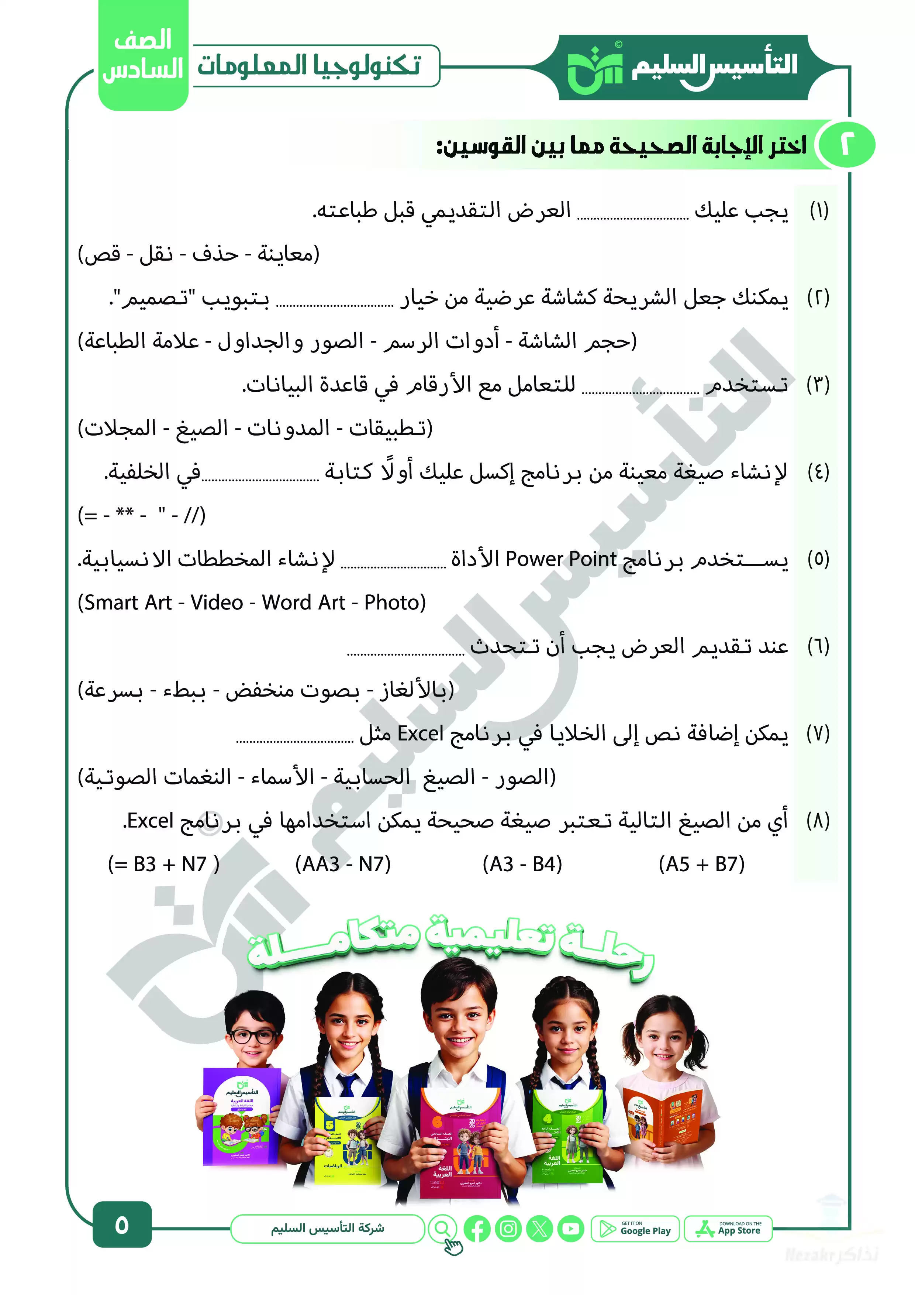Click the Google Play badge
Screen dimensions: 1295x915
point(635,1229)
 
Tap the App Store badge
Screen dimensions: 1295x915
point(728,1229)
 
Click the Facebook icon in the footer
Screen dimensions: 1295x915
point(477,1229)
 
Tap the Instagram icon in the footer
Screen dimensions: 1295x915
point(508,1229)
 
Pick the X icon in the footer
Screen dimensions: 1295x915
point(539,1229)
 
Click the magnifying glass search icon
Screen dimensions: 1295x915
point(443,1228)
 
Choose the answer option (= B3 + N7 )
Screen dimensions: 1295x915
point(163,864)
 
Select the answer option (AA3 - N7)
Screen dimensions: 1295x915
point(343,864)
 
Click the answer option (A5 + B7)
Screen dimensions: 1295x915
point(701,864)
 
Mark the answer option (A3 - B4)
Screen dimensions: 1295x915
point(522,864)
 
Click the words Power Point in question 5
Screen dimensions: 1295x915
point(560,559)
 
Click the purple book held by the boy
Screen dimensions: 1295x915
point(241,1117)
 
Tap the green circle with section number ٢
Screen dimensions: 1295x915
point(846,145)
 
